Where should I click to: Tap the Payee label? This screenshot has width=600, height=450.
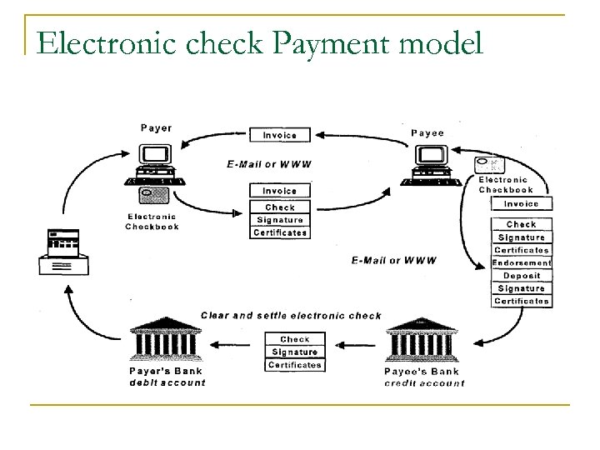(x=427, y=132)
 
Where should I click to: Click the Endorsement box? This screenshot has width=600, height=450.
(x=522, y=262)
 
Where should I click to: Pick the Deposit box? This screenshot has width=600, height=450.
(x=522, y=276)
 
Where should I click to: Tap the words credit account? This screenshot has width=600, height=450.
(x=425, y=383)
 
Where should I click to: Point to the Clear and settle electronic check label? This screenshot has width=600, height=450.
(x=291, y=316)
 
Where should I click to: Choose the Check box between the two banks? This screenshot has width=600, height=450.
(x=295, y=339)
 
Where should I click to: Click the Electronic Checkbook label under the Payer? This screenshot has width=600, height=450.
(x=152, y=222)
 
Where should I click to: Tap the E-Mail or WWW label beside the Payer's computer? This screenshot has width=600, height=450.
(x=269, y=164)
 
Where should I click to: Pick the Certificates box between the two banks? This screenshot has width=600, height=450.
(x=295, y=365)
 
